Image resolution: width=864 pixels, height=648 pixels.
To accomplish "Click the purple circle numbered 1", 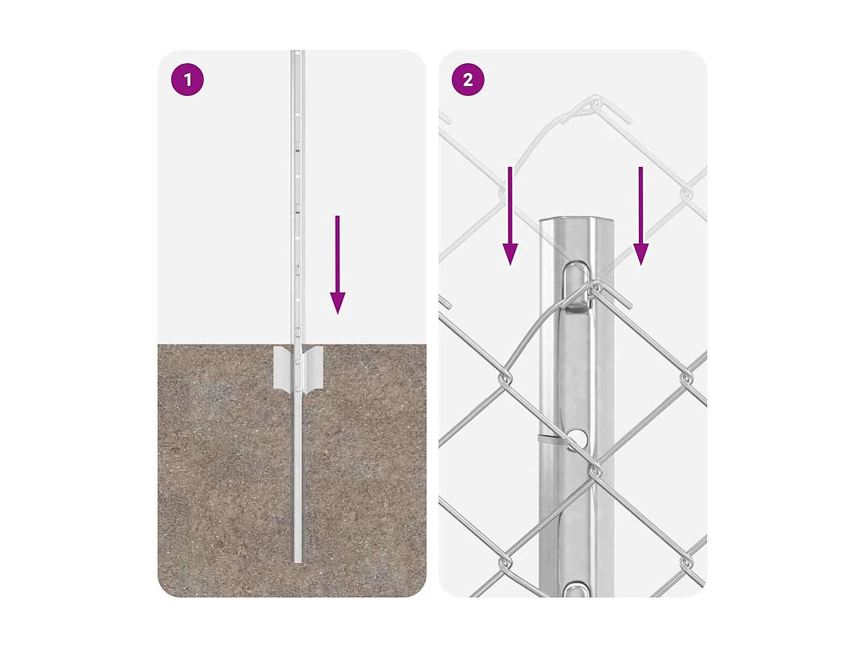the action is tap(188, 80).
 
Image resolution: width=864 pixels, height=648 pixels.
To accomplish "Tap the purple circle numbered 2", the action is tap(468, 80).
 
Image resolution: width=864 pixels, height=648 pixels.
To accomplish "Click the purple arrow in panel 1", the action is tap(337, 265).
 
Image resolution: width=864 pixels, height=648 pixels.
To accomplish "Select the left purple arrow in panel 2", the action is tap(510, 216).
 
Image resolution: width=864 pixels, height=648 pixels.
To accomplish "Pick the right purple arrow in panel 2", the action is tap(641, 216).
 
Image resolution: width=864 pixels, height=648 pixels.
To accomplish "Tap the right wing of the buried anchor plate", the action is tap(313, 368).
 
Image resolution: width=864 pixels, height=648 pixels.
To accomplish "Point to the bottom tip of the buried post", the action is tap(298, 562).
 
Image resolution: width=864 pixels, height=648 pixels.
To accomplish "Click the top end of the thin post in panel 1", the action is tap(298, 51).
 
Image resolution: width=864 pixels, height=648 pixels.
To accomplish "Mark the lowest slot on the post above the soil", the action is tap(298, 331).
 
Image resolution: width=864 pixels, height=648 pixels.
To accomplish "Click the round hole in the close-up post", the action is tap(577, 436).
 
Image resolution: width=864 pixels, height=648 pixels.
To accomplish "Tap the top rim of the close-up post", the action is tap(576, 218).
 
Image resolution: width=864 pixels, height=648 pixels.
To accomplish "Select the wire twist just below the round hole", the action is tap(595, 470).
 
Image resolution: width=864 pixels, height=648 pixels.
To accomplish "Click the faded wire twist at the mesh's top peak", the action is tap(596, 104).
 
